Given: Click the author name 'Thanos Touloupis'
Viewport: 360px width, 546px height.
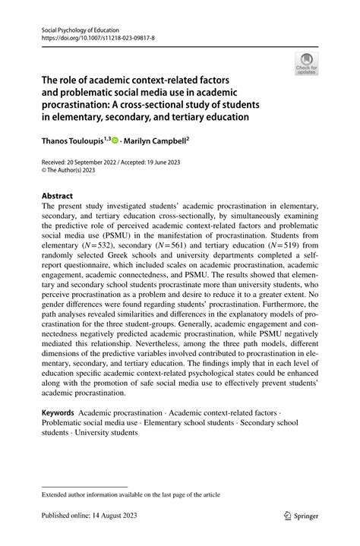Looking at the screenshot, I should click(x=73, y=141).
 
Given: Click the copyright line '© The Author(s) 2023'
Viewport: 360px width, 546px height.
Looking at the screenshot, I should click(x=74, y=172).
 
